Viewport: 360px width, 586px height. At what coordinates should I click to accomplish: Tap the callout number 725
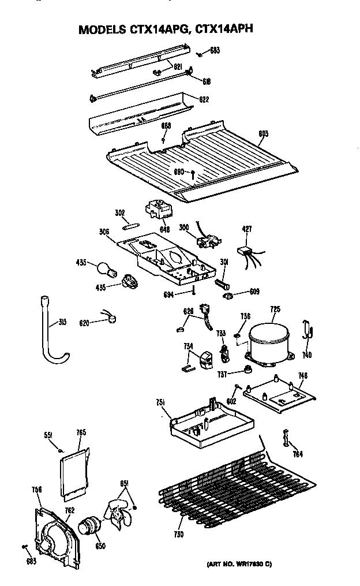coord(275,310)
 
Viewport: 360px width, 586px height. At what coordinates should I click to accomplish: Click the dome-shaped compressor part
coord(267,341)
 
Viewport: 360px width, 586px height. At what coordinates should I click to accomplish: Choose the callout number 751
coord(161,402)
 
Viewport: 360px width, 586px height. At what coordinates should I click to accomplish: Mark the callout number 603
coord(263,134)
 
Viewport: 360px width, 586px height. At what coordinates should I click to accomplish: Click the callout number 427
coord(246,229)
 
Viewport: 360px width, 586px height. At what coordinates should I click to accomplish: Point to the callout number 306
coord(104,232)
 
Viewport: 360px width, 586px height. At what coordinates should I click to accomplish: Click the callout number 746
coord(302,376)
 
